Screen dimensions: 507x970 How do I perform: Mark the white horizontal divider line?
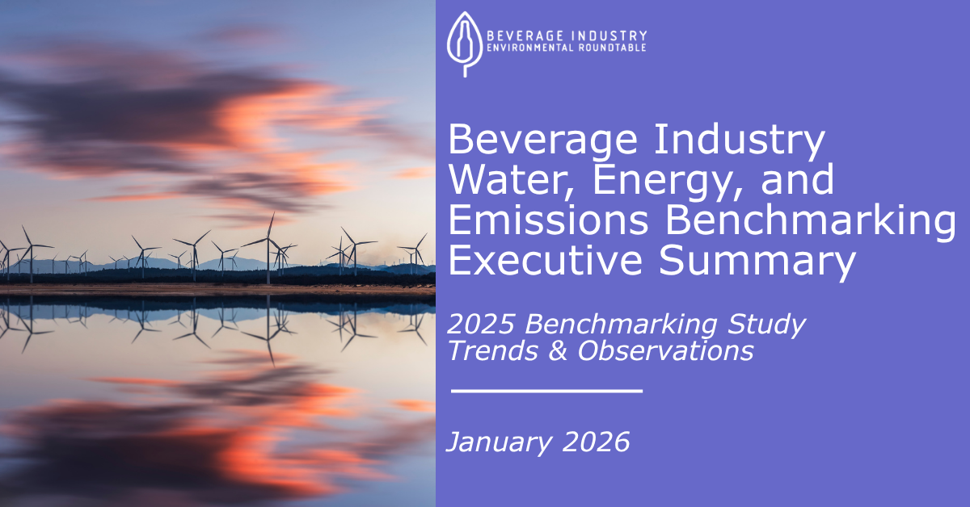coord(546,391)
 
